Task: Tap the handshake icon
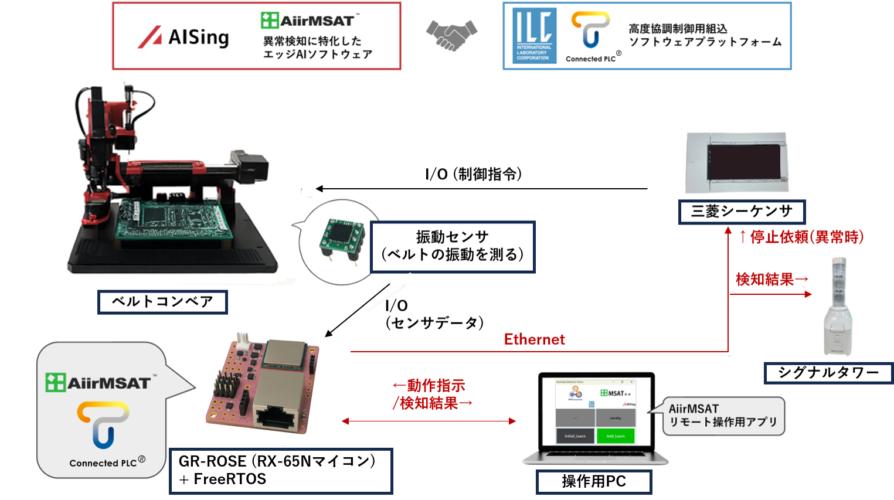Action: click(451, 35)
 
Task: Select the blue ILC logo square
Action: click(533, 36)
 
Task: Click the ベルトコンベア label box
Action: click(162, 302)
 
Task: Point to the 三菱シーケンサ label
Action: click(742, 212)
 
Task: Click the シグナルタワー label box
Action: click(828, 373)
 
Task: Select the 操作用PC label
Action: click(593, 482)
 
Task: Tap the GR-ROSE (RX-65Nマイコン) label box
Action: click(281, 470)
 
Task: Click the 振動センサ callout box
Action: click(453, 246)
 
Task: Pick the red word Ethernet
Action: click(534, 339)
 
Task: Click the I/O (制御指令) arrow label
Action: click(474, 174)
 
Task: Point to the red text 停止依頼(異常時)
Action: click(801, 237)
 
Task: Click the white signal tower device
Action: click(838, 308)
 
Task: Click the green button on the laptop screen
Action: click(616, 436)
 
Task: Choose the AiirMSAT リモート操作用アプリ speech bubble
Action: click(723, 416)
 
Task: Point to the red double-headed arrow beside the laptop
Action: click(429, 421)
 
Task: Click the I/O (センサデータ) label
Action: click(434, 314)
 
